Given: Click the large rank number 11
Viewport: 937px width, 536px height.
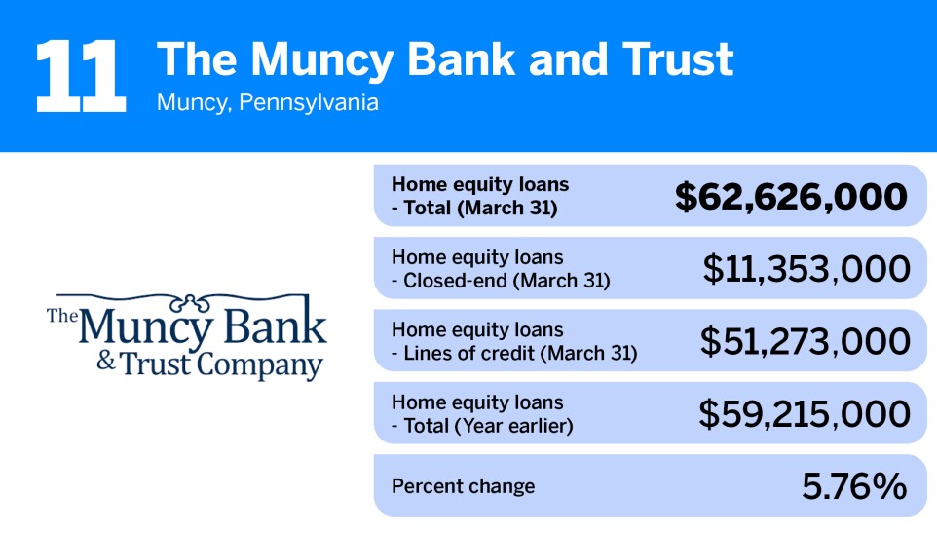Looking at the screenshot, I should click(x=80, y=75).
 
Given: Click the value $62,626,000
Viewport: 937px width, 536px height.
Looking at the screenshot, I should click(x=791, y=196).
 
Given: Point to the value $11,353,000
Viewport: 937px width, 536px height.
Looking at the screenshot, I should click(x=806, y=269).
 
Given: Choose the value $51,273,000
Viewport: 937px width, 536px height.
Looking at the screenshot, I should click(x=806, y=341).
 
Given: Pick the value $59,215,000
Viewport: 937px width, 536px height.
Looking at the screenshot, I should click(x=805, y=414).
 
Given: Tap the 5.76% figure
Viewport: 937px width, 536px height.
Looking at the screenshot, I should click(x=854, y=486).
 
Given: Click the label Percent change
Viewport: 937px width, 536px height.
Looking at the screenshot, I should click(x=463, y=486).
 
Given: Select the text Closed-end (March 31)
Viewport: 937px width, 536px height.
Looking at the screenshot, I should click(x=506, y=281).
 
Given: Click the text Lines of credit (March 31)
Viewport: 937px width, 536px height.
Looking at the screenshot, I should click(x=520, y=353).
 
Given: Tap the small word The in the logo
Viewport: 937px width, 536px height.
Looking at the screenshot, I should click(x=60, y=315).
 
